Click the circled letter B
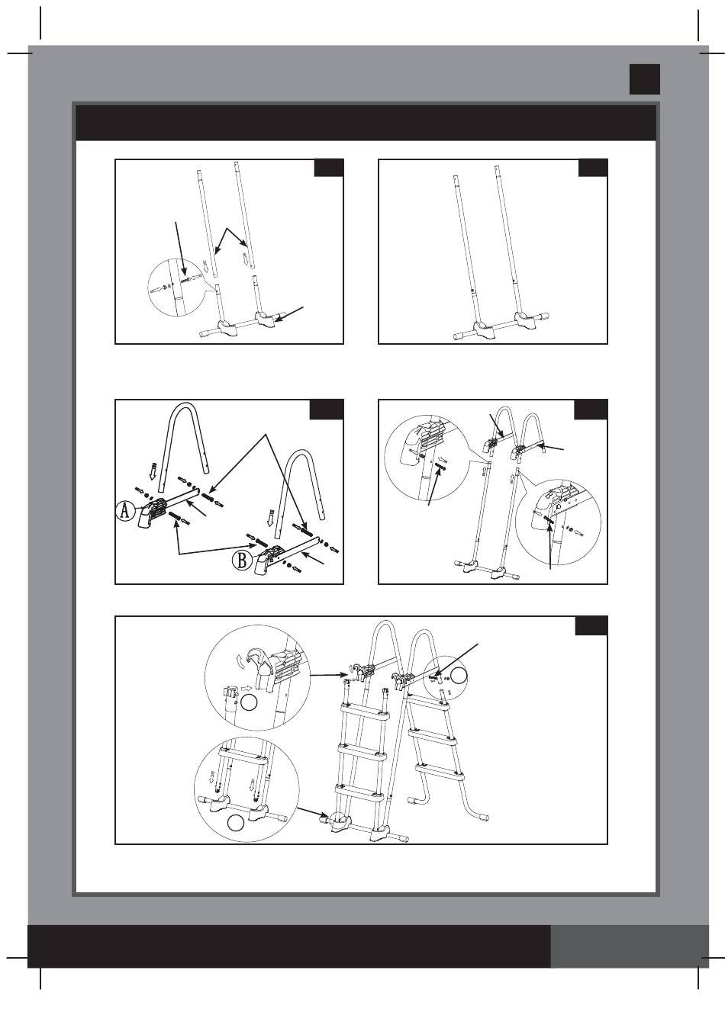pos(242,560)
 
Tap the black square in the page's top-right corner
pos(644,79)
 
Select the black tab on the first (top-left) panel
pos(329,168)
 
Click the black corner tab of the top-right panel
pos(593,168)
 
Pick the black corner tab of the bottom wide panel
pos(591,625)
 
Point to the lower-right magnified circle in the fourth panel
pos(558,521)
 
